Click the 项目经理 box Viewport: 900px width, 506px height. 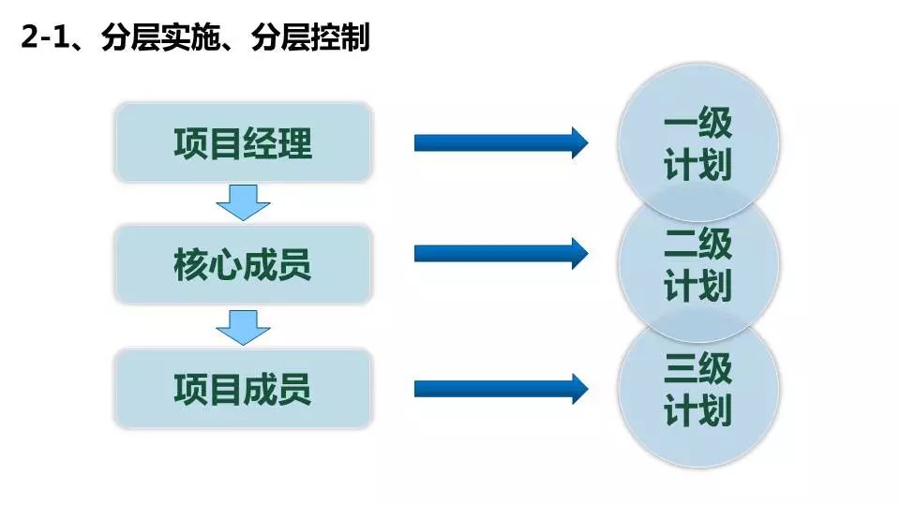[243, 142]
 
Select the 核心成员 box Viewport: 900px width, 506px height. [243, 265]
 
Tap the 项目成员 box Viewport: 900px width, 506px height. [243, 389]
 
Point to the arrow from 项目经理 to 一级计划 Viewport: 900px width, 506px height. [501, 142]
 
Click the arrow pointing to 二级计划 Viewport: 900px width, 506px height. [501, 252]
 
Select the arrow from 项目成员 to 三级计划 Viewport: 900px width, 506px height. [501, 389]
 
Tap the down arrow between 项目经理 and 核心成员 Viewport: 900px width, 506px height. [243, 201]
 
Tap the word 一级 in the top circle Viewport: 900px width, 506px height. [698, 124]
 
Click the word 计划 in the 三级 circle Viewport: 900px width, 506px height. [698, 411]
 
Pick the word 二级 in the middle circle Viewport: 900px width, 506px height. [698, 246]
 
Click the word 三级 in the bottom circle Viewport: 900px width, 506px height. [698, 369]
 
